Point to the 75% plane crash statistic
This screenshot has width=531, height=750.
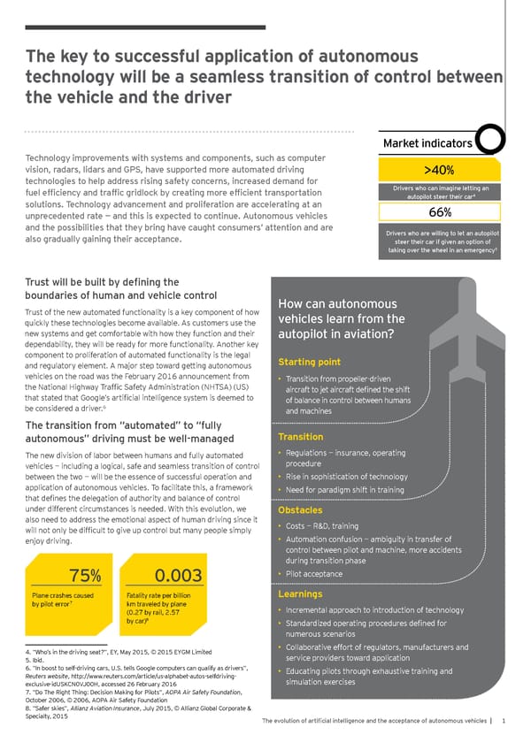pyautogui.click(x=85, y=577)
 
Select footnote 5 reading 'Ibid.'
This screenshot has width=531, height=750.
pyautogui.click(x=35, y=684)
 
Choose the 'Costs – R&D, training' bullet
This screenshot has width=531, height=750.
pyautogui.click(x=323, y=526)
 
